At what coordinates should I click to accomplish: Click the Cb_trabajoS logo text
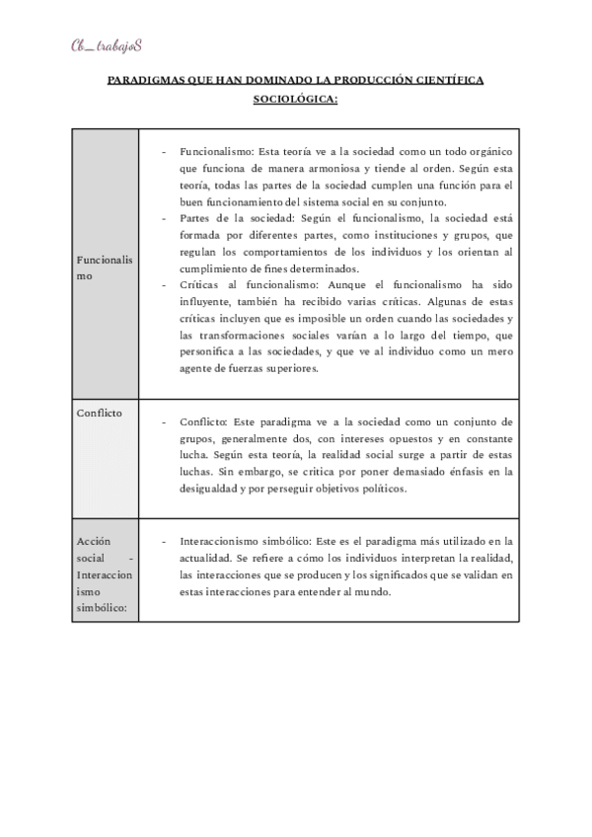coord(106,45)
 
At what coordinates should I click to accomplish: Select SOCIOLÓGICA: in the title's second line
coord(296,99)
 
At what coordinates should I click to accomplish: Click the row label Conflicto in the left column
coord(100,413)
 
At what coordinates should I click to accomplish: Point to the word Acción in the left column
coord(94,542)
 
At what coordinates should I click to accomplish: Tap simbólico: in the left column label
coord(102,610)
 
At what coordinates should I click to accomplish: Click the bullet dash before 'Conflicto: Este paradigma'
coord(163,422)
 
